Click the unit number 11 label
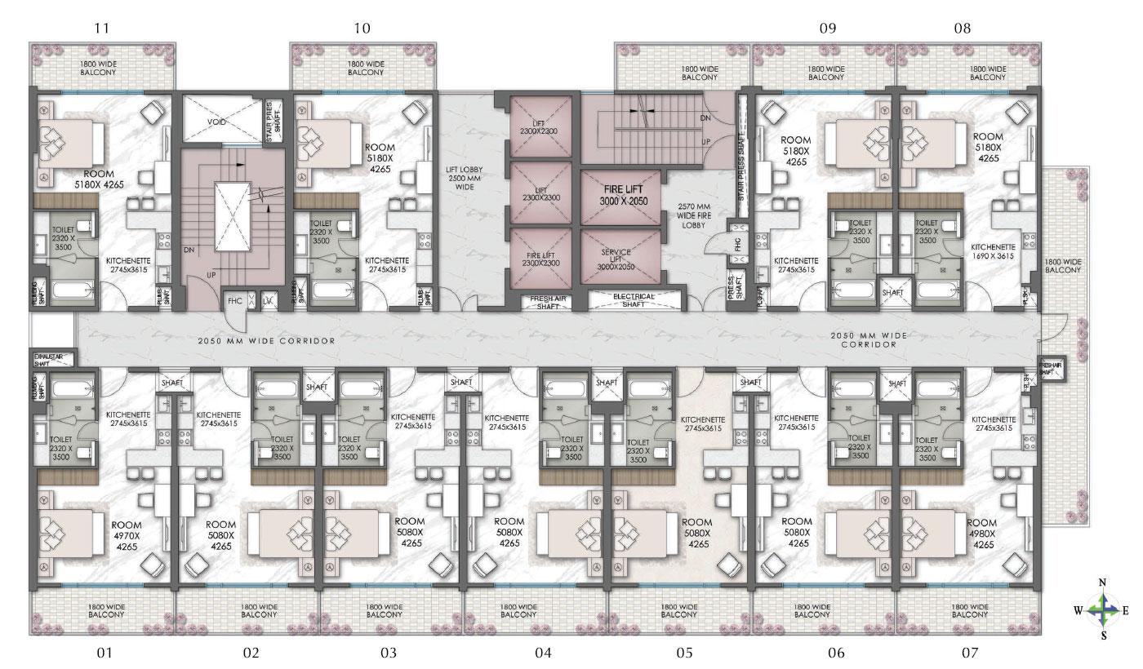click(x=101, y=28)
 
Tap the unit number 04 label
click(x=544, y=653)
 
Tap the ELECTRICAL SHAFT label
click(x=633, y=300)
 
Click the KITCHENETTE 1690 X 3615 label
click(x=994, y=251)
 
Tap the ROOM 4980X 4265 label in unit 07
click(x=983, y=533)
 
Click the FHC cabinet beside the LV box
click(x=235, y=301)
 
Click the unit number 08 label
click(x=963, y=28)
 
